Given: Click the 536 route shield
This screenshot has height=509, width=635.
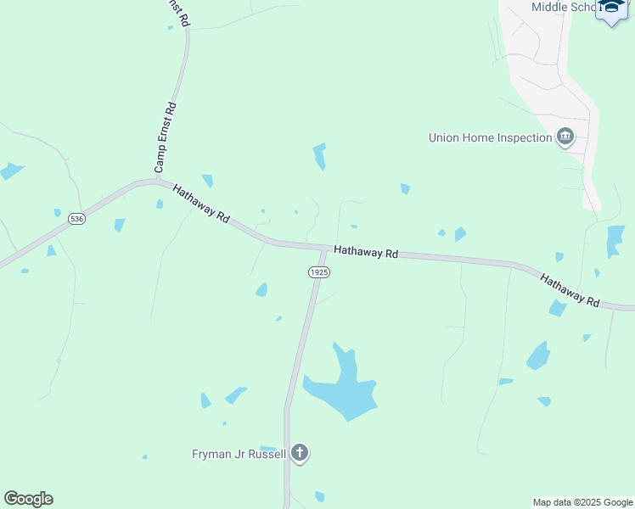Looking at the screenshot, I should coord(77,219).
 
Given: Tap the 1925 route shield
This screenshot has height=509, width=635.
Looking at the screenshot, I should coord(318,272).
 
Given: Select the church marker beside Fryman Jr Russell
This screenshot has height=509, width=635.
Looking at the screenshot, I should coord(299,453).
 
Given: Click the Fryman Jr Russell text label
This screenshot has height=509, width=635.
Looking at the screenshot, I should coord(239,454).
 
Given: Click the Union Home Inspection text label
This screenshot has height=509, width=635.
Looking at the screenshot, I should coord(490,137).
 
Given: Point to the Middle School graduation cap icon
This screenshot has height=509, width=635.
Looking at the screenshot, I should coord(611,9).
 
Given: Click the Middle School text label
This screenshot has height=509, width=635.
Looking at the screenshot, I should coord(565,7).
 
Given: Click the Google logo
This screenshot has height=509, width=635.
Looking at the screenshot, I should coord(28,499).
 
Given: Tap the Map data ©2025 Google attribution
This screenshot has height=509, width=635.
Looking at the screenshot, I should coord(582,502).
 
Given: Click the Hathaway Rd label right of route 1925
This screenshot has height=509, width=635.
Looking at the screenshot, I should coord(366,252).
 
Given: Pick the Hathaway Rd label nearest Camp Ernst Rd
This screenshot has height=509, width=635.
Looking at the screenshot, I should coord(201,204).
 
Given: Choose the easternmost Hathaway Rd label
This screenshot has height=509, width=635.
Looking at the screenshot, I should coord(570,289).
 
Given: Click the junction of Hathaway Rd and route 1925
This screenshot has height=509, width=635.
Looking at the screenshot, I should coord(324,249).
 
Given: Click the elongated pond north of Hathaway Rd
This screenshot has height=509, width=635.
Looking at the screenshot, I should coord(319,156).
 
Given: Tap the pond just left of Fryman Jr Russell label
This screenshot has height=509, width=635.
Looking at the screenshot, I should coord(268,449).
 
